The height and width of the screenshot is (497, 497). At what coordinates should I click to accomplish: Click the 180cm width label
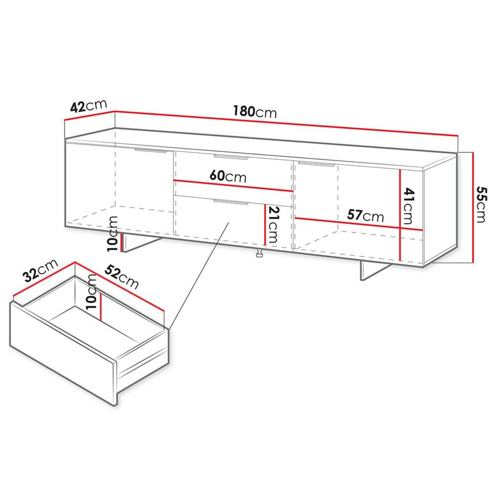[x=254, y=111]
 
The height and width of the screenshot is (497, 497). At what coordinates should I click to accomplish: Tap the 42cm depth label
[x=89, y=106]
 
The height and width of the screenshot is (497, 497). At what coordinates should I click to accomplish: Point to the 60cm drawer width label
[x=228, y=176]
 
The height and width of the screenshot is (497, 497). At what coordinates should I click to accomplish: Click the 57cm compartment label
[x=365, y=215]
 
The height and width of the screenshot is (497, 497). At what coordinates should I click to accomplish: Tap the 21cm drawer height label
[x=274, y=225]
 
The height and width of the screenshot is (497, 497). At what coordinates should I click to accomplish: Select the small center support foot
[x=260, y=255]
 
